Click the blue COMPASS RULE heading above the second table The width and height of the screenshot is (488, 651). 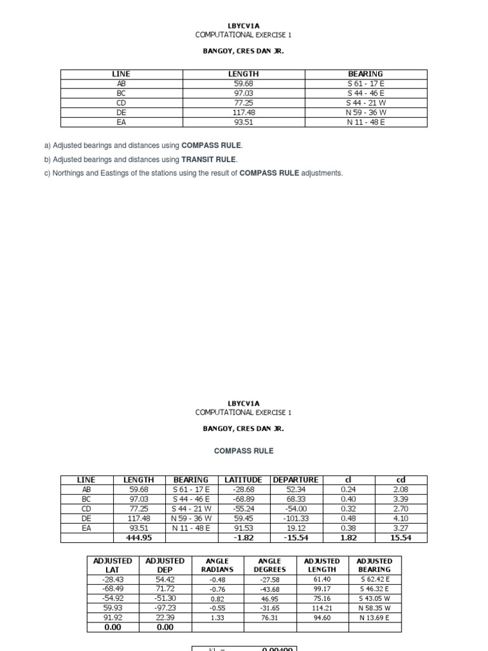[x=244, y=451]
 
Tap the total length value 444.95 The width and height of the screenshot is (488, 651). [x=138, y=538]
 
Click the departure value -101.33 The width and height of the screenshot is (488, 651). [x=296, y=518]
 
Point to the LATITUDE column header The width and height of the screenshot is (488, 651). [x=243, y=479]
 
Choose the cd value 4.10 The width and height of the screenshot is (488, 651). [x=400, y=518]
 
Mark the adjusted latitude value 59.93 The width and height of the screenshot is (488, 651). [x=112, y=608]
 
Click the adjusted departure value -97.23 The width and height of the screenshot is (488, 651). [x=165, y=608]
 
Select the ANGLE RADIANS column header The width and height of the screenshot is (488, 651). [x=217, y=565]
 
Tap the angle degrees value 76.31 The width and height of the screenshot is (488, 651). [x=269, y=617]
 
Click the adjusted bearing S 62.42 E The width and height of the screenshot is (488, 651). [x=375, y=579]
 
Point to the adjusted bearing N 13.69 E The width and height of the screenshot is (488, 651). [x=375, y=617]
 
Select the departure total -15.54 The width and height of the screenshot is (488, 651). [x=296, y=538]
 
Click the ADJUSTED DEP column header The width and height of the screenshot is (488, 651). [x=165, y=565]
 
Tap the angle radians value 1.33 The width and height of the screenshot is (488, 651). [x=217, y=617]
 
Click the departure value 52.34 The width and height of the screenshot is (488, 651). [x=296, y=490]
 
